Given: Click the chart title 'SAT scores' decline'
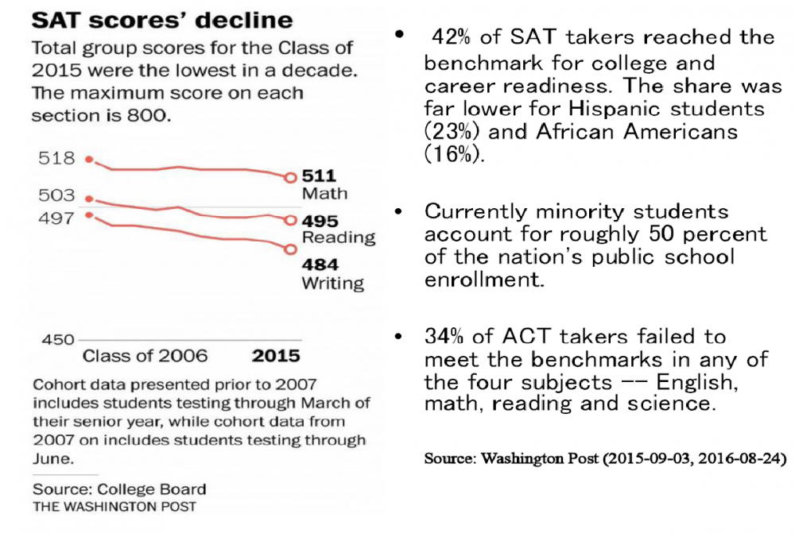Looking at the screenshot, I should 162,20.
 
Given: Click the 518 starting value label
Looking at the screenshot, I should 56,158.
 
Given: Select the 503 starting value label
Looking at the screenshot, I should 56,195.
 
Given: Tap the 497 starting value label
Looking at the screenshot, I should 56,217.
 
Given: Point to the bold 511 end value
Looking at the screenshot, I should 320,176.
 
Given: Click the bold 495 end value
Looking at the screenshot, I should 320,221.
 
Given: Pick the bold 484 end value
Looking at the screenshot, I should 320,265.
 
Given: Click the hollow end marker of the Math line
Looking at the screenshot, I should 290,177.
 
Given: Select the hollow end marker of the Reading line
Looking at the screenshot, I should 290,220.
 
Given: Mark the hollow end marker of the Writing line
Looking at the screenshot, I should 290,249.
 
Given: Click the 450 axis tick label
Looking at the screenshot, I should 56,339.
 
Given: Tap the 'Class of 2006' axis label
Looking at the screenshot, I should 145,355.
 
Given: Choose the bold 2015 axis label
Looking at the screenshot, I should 276,355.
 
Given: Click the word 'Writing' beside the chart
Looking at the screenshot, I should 332,283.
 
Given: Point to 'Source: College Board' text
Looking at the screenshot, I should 119,489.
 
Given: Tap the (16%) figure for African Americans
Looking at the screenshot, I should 454,153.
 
